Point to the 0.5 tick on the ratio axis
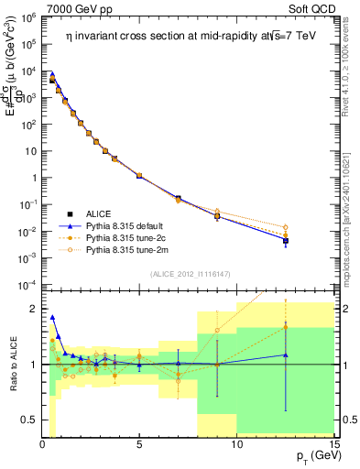[27, 420]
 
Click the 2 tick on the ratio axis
[32, 309]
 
